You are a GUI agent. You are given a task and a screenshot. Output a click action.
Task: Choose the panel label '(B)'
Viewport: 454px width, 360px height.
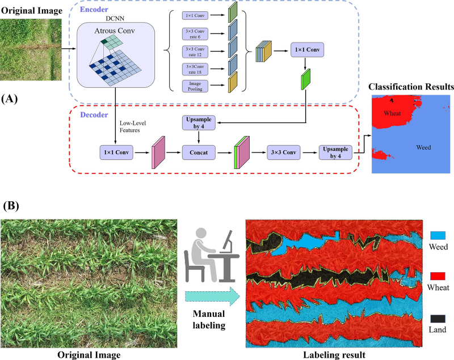tap(12, 205)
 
